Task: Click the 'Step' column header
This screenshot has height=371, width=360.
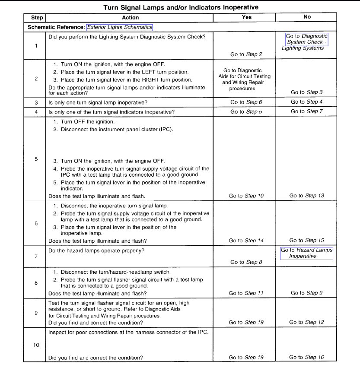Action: pos(37,18)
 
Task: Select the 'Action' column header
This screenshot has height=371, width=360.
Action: pos(130,18)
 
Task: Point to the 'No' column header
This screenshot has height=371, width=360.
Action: pos(307,17)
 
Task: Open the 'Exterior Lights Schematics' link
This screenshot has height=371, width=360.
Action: pos(120,27)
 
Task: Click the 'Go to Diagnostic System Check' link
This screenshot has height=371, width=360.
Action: pos(306,39)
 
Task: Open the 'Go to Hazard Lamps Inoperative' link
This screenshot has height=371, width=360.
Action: pos(306,253)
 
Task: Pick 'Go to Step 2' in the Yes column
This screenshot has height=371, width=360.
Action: pos(246,54)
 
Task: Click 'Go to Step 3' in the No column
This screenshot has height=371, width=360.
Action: pos(306,92)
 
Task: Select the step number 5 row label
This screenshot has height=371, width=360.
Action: pos(36,159)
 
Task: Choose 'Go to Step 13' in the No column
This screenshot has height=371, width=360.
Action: pos(306,196)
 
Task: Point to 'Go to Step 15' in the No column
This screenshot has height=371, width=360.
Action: pos(306,241)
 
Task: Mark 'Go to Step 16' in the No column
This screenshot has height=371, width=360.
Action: pos(306,357)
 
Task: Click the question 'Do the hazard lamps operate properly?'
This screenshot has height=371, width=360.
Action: pos(96,251)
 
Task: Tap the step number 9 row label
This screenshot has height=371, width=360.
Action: pos(36,313)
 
